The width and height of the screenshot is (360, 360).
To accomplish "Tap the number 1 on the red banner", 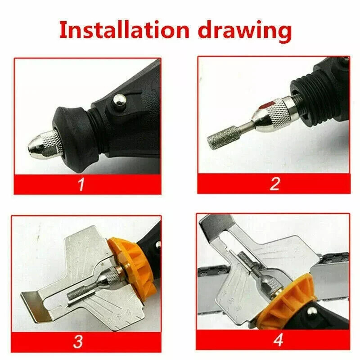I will coord(81,184).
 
